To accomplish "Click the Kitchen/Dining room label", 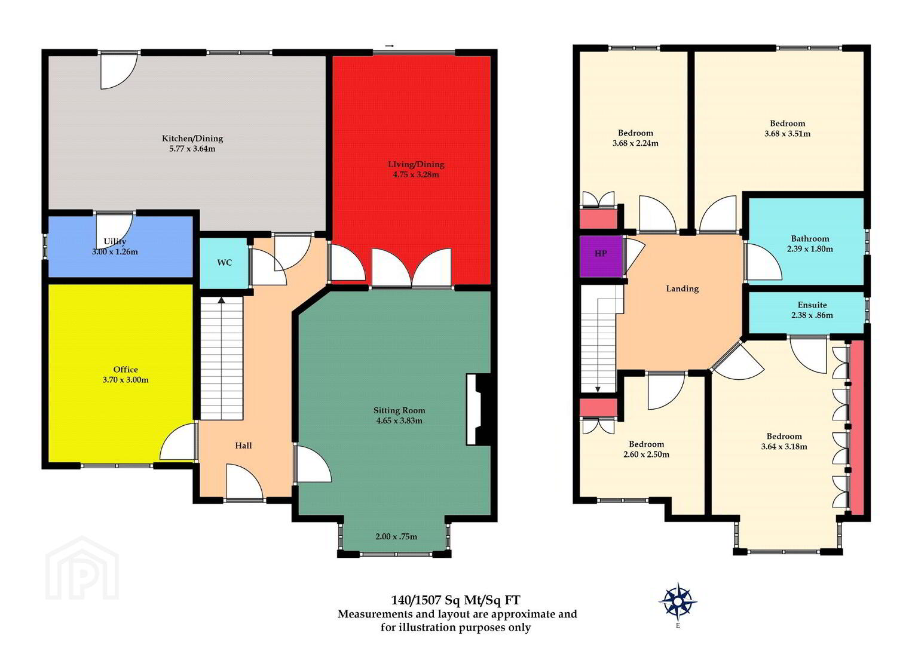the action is (x=192, y=139).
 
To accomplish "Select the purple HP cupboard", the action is (x=601, y=256).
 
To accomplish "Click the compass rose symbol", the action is (x=678, y=601).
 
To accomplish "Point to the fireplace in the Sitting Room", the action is (x=478, y=409).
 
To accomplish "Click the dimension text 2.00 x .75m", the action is (x=396, y=536).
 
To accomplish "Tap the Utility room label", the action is (x=115, y=241).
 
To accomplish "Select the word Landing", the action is (x=683, y=288).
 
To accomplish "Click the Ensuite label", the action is (x=812, y=305).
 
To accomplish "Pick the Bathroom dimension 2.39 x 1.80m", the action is (x=810, y=248).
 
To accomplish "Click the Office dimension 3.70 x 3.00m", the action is (x=126, y=380).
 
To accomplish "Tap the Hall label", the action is (x=243, y=446).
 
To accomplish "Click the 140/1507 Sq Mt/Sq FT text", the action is (x=455, y=600).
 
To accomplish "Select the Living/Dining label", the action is (x=416, y=164).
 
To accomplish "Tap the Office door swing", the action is (x=178, y=441).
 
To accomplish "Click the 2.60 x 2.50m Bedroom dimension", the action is (x=646, y=454).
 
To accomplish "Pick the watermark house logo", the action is (x=82, y=568).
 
